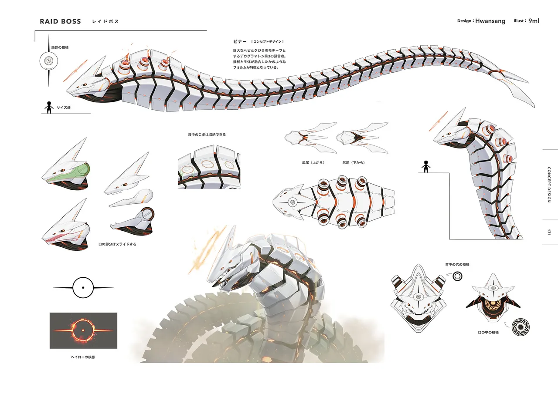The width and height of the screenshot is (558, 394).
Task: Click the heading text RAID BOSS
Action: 60,21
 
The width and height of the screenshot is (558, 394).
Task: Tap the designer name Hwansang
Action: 490,21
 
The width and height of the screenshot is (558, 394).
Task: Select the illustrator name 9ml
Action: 534,20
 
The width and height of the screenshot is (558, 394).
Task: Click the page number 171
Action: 549,232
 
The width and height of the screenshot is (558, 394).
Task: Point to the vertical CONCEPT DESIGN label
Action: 549,185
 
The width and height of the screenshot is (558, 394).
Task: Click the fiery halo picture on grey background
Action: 83,330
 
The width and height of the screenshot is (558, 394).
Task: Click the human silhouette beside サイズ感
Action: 49,108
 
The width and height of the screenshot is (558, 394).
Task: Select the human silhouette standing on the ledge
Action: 426,167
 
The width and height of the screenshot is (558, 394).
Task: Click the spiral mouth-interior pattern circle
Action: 521,327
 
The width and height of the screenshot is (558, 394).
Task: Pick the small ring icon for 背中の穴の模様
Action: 457,276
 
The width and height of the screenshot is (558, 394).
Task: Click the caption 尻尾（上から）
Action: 313,163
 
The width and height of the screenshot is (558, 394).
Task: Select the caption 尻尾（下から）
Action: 354,163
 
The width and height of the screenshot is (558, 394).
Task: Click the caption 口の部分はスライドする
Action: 117,244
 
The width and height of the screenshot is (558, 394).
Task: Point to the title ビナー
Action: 240,41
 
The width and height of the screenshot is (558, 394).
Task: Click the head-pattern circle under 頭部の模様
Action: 49,61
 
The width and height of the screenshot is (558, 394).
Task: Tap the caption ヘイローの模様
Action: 83,357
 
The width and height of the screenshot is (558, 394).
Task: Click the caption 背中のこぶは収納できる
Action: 207,135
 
